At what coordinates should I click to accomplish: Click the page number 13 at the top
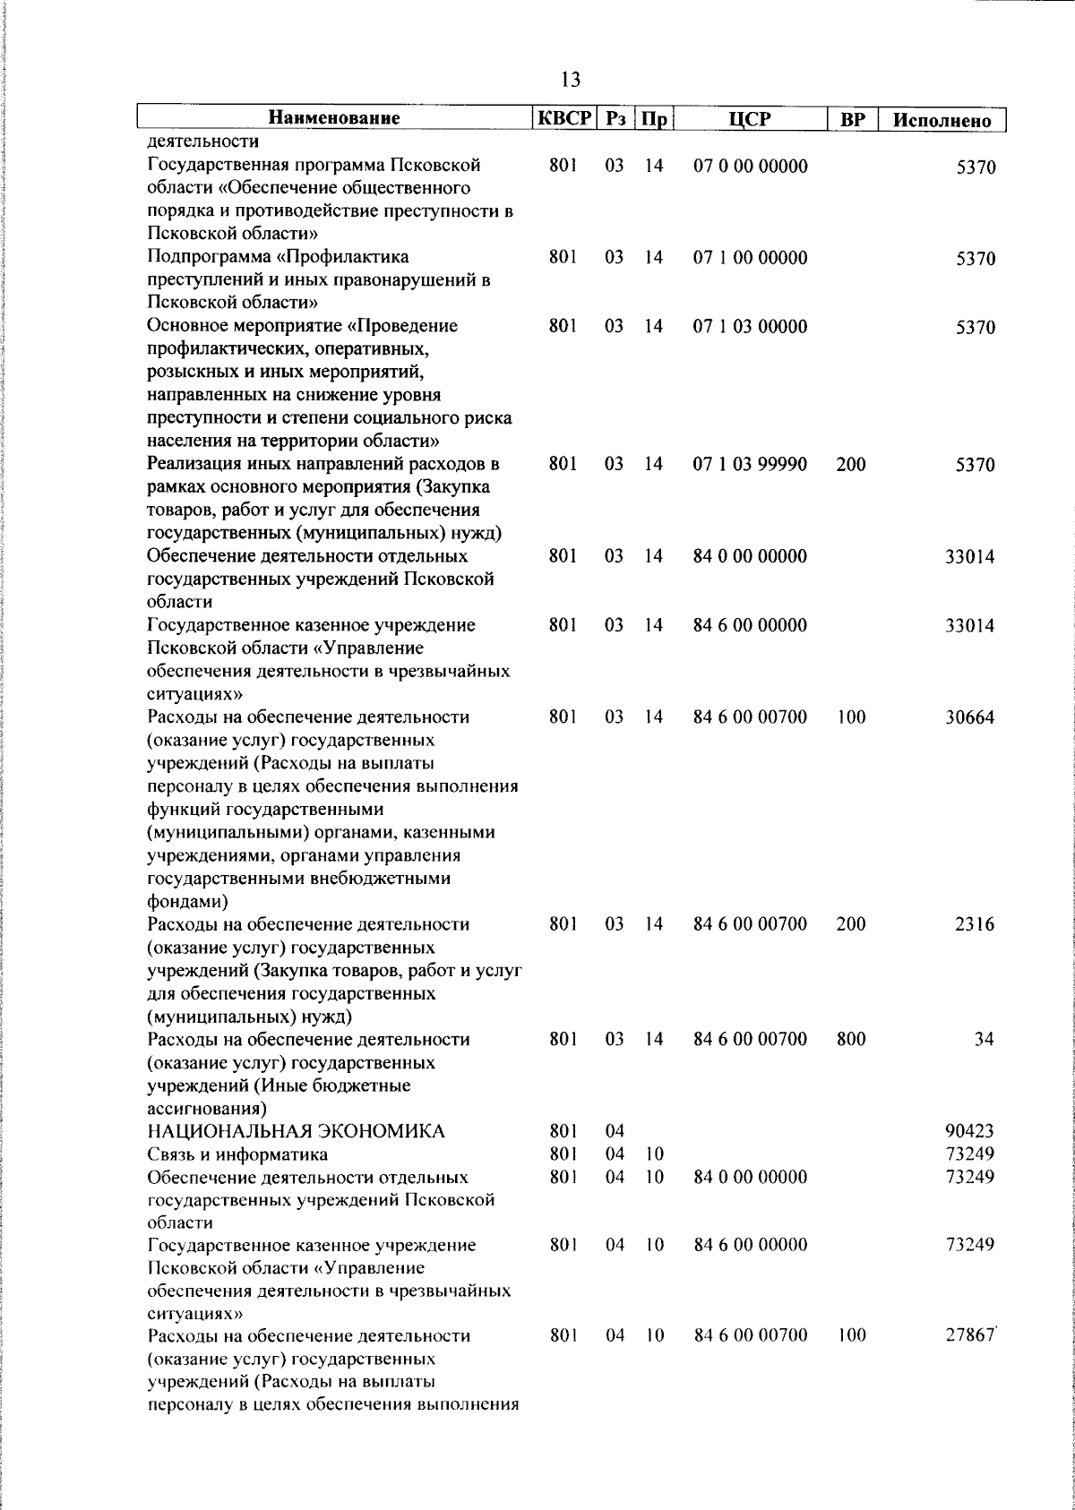pyautogui.click(x=571, y=80)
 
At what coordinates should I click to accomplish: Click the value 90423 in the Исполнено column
pyautogui.click(x=969, y=1132)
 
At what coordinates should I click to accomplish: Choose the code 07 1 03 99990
pyautogui.click(x=751, y=465)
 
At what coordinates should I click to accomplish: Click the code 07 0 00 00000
pyautogui.click(x=751, y=167)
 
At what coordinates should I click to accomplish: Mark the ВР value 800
pyautogui.click(x=851, y=1040)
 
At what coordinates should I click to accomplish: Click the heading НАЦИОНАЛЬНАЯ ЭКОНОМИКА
pyautogui.click(x=296, y=1132)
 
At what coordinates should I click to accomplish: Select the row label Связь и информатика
pyautogui.click(x=237, y=1154)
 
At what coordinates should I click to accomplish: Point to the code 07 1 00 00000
pyautogui.click(x=751, y=259)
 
